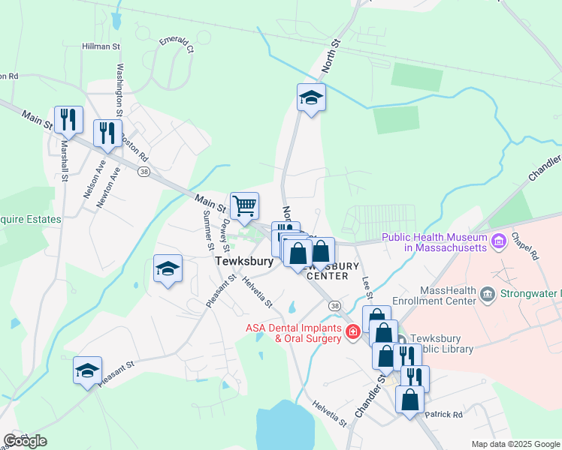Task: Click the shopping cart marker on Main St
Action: click(244, 205)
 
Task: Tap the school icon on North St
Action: click(311, 97)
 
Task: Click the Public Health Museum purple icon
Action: click(498, 241)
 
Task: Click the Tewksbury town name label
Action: click(243, 262)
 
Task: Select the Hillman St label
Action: click(101, 46)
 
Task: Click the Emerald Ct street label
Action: click(177, 45)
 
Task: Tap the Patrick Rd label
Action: click(444, 414)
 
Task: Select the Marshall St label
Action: click(64, 160)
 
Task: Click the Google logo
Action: click(25, 441)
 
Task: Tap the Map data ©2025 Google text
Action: click(515, 444)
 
